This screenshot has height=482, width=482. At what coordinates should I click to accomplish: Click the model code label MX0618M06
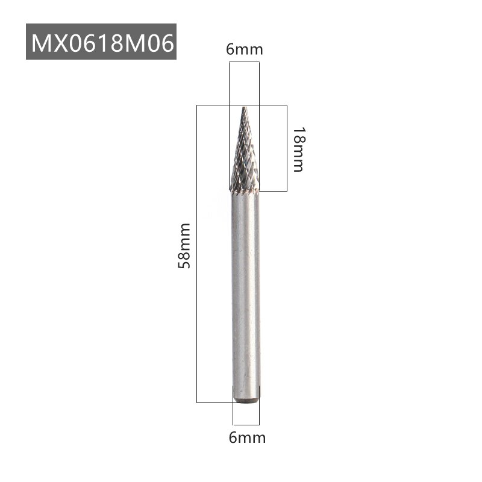tap(101, 42)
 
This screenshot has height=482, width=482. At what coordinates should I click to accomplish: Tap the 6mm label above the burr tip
tap(245, 49)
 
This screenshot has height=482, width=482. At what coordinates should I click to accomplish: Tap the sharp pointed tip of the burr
tap(245, 108)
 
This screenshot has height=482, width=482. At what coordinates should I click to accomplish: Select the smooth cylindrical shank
tap(246, 289)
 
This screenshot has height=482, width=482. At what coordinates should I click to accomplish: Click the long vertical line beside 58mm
tap(197, 253)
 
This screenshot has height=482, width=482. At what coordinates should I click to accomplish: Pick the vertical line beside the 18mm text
tap(287, 148)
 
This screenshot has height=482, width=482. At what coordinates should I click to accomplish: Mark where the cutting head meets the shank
tap(245, 192)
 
